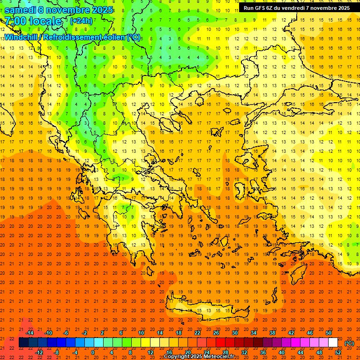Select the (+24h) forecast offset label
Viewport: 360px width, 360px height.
click(81, 21)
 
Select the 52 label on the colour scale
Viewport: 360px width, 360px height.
click(338, 352)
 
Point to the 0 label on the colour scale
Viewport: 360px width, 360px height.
click(92, 352)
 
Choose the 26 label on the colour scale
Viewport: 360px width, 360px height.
click(216, 333)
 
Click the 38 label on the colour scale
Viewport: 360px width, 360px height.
click(272, 333)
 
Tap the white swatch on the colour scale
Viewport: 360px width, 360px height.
click(333, 343)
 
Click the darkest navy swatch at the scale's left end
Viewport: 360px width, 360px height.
click(23, 343)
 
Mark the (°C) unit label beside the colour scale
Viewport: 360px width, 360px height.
click(349, 343)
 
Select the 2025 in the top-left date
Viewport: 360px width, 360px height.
click(102, 10)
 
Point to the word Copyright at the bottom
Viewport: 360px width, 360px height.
click(177, 357)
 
